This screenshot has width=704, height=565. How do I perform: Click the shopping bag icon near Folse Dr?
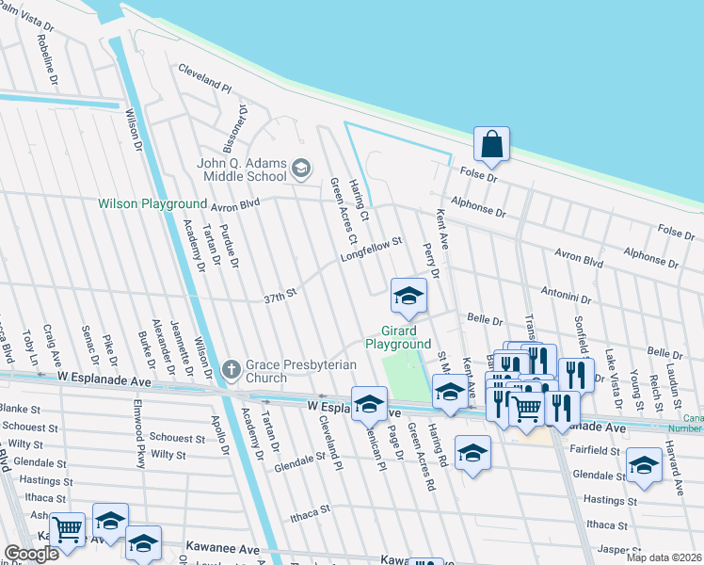coord(491,145)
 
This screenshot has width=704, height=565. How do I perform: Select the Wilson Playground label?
coord(152,203)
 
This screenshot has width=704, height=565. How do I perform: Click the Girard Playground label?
coord(405,338)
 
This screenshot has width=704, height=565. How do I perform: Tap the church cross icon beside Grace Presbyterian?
coord(232,371)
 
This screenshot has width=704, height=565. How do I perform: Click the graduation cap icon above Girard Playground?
coord(408,298)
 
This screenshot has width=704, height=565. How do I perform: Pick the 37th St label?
coord(280,297)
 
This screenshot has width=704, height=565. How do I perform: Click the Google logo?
coord(31,554)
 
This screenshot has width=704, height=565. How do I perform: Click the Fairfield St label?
coord(593,452)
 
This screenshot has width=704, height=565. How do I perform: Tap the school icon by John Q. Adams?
coord(301,169)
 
